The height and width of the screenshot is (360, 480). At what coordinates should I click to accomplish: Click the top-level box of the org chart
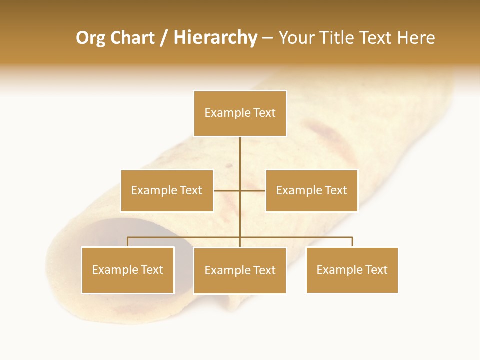(x=240, y=113)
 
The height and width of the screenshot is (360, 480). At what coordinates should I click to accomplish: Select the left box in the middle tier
(x=167, y=190)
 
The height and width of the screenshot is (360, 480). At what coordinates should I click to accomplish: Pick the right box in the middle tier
(x=311, y=190)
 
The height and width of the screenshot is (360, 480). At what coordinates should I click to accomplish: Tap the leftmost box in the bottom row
(x=128, y=270)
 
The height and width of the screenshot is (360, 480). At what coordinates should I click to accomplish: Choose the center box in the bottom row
(x=240, y=270)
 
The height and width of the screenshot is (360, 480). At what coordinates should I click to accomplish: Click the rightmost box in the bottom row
(x=352, y=270)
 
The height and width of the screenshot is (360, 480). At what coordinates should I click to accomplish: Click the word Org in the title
(x=90, y=38)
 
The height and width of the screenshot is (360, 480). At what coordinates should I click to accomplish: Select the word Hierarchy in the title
(x=215, y=38)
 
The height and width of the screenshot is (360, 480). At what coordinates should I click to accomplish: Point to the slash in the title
(x=164, y=38)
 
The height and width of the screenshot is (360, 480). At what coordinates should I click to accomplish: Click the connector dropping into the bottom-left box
(x=128, y=242)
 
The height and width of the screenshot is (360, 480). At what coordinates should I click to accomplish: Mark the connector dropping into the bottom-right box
(x=352, y=242)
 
